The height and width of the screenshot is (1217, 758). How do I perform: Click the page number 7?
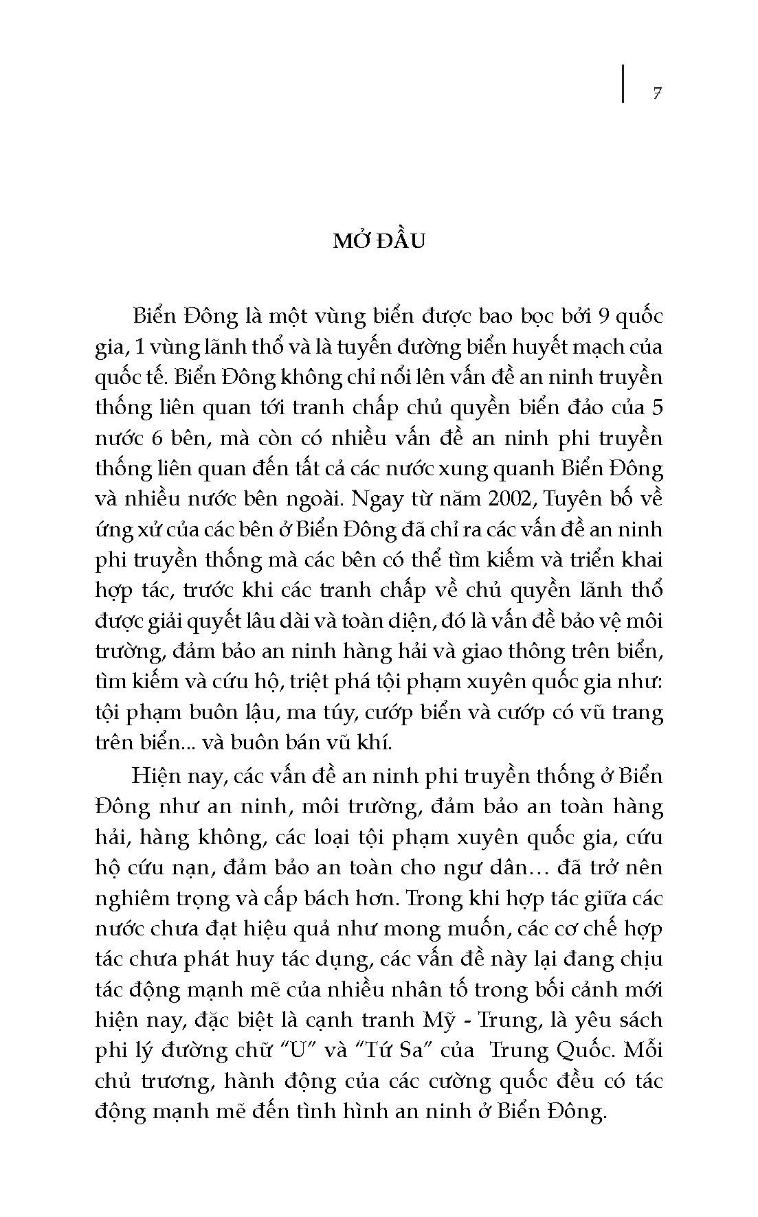tap(657, 93)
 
